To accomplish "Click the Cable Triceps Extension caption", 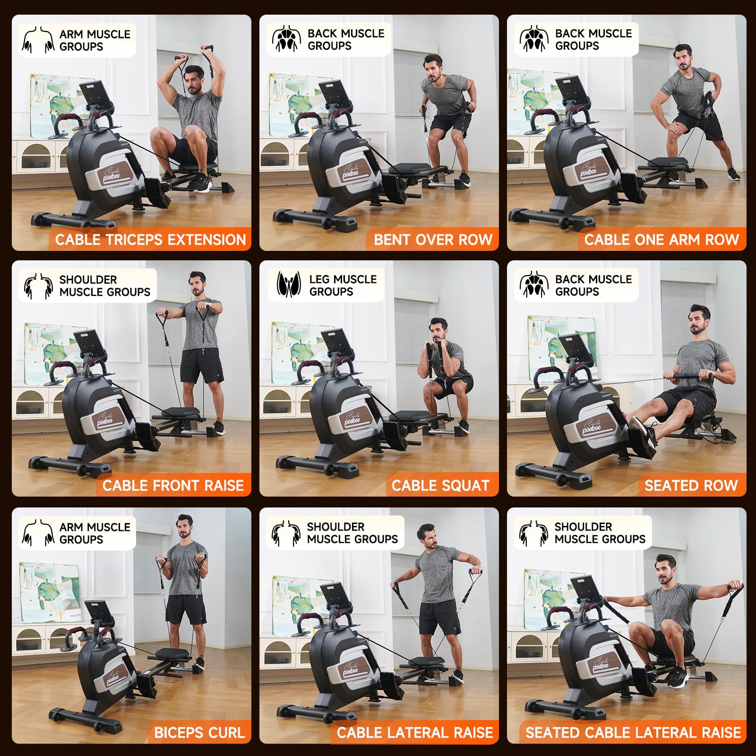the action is coord(151,240).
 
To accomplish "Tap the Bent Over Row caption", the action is coord(433,240).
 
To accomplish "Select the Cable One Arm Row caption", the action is coord(661,240).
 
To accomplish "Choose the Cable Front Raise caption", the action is coord(173,485).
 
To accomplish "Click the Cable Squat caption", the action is coord(440,485).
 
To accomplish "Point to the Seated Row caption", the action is coord(691,485).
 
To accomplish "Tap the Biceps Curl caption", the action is coord(199,732).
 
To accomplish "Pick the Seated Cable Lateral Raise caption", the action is coord(633,732).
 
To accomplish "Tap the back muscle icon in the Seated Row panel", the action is coord(534,285).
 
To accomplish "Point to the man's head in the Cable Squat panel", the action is coord(439,330).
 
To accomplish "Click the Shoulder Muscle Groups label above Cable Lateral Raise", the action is coord(352,533).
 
